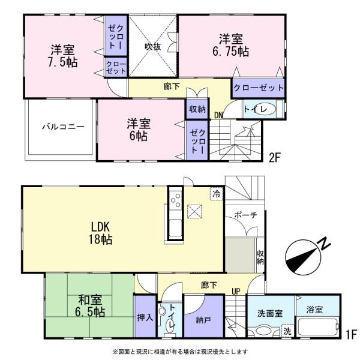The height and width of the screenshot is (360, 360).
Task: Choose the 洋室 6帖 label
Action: tap(139, 130)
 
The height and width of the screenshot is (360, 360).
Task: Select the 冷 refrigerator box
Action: tap(215, 193)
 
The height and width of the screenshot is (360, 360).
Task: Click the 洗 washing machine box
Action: tap(287, 331)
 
